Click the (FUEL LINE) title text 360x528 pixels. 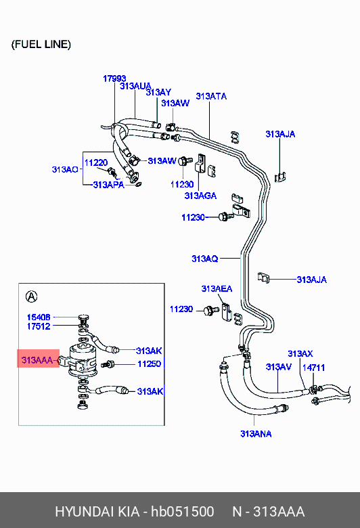pyautogui.click(x=41, y=45)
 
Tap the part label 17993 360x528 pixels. pyautogui.click(x=114, y=79)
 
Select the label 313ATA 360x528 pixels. pyautogui.click(x=211, y=96)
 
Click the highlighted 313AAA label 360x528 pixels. pyautogui.click(x=37, y=360)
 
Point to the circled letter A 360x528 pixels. pyautogui.click(x=31, y=296)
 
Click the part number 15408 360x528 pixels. pyautogui.click(x=39, y=317)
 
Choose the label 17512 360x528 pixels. pyautogui.click(x=39, y=326)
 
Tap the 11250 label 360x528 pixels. pyautogui.click(x=149, y=364)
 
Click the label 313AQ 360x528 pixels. pyautogui.click(x=205, y=259)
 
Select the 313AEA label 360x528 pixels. pyautogui.click(x=217, y=288)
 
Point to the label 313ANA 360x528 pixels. pyautogui.click(x=256, y=434)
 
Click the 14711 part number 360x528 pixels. pyautogui.click(x=313, y=368)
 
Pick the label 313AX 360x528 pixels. pyautogui.click(x=300, y=353)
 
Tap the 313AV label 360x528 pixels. pyautogui.click(x=279, y=367)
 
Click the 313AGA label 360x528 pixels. pyautogui.click(x=200, y=196)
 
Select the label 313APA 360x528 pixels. pyautogui.click(x=108, y=185)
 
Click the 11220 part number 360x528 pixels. pyautogui.click(x=96, y=163)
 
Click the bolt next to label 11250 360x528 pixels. pyautogui.click(x=108, y=364)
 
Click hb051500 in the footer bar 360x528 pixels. pyautogui.click(x=182, y=512)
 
